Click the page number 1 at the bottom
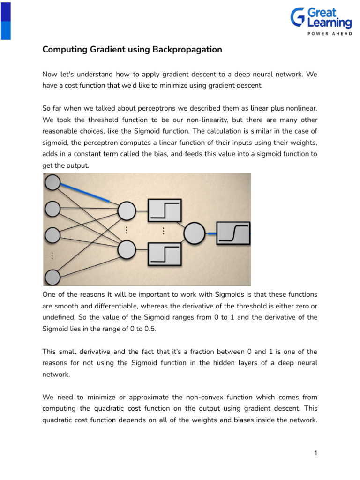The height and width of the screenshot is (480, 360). coord(316,453)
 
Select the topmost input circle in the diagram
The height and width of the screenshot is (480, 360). coord(52,182)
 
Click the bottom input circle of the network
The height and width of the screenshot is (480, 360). coord(52,277)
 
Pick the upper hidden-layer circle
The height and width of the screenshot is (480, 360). coord(127,211)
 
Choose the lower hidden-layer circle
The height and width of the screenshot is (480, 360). coord(127,249)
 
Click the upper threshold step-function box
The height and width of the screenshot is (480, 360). coord(164,210)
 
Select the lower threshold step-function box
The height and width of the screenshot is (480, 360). coord(164,255)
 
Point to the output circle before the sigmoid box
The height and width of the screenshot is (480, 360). coord(194,232)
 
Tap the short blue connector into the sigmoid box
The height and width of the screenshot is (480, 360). coord(211,233)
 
